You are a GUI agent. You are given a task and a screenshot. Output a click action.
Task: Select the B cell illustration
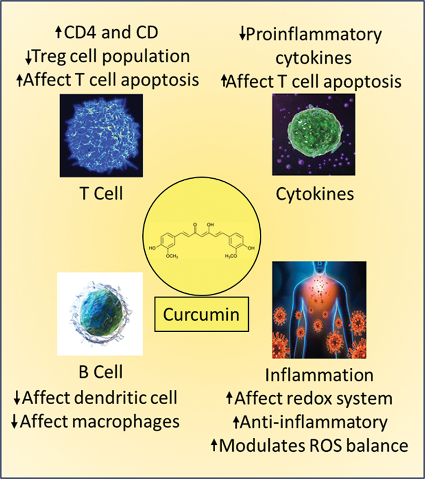coord(99,313)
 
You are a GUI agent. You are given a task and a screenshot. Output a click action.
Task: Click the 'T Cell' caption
coord(100,194)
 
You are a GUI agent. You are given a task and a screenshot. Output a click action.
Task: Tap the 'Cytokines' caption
coord(314,194)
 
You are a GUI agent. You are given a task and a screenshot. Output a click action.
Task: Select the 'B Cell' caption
coord(99,372)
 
